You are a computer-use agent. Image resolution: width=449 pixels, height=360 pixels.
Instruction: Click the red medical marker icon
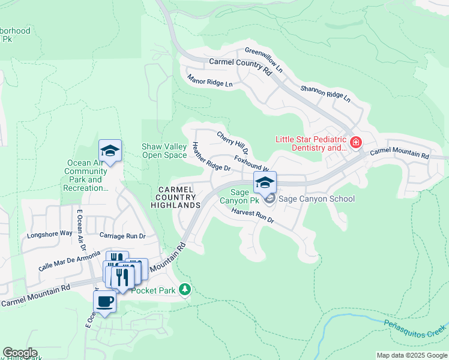tap(356, 142)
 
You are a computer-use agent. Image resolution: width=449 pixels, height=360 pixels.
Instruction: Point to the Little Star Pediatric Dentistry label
tap(311, 143)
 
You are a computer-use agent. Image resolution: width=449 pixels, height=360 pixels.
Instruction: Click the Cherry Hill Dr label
tap(233, 142)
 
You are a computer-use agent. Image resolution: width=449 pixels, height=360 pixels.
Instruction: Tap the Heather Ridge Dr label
tap(211, 157)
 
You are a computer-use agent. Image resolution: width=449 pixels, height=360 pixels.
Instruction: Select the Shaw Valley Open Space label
tap(164, 151)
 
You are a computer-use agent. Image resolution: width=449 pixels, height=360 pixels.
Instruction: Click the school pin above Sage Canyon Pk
tap(265, 181)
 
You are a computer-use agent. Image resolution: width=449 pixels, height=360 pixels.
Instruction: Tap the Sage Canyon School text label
tap(316, 199)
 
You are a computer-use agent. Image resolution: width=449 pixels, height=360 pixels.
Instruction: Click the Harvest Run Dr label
tap(253, 216)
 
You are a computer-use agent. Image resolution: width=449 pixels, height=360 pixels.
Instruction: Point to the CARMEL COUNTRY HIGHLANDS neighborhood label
tap(178, 197)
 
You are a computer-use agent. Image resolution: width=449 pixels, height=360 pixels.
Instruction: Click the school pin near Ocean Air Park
tap(110, 151)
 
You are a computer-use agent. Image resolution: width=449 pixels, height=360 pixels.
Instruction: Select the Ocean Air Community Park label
tap(86, 175)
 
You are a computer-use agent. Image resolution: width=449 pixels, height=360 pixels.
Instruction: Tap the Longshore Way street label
tap(50, 234)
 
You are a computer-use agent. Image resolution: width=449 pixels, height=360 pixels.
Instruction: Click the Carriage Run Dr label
tap(123, 235)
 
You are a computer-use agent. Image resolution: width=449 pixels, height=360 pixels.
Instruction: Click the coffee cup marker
tap(104, 301)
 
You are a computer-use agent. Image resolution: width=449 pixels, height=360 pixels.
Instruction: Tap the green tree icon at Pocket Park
tap(185, 290)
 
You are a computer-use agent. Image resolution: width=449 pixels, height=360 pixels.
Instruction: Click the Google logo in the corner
tap(20, 353)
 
